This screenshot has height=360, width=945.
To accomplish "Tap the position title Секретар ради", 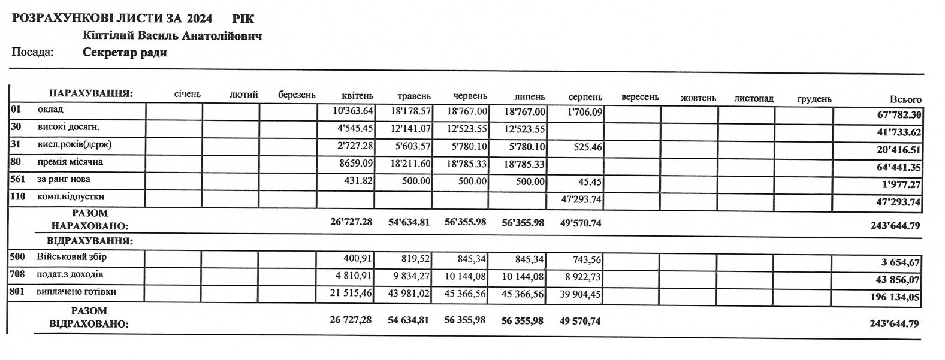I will point(125,53).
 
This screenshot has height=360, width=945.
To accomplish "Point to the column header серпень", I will point(585,97).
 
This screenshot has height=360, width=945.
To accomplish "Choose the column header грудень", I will point(814,98).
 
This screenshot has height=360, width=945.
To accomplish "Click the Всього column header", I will point(905,99).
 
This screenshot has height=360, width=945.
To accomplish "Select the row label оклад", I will point(50,110).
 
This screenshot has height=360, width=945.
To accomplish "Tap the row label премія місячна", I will point(70,162).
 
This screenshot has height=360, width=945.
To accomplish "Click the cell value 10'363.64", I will point(353,111).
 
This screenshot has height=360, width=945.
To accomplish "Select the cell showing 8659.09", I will point(355,163).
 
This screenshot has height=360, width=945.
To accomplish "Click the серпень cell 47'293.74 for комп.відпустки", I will point(581,198).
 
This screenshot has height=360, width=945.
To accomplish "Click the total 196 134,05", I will point(895,297).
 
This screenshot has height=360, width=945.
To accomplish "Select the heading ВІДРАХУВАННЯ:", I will point(89,241).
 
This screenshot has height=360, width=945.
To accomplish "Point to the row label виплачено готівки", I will point(76,292).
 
